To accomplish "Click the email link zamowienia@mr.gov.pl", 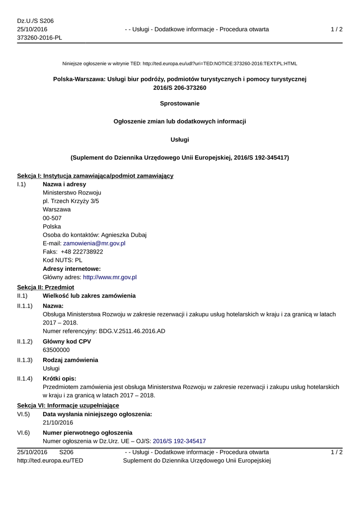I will coord(94,244).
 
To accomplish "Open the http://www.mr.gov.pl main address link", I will coord(109,277).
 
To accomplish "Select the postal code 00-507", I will coord(52,218).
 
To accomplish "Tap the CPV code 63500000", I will coord(56,350).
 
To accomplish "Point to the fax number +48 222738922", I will coord(82,252).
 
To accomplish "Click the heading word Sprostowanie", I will coord(180,104).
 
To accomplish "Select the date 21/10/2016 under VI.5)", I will coord(58,423).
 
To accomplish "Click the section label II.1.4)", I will coord(25,379).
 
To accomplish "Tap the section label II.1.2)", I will coord(25,341).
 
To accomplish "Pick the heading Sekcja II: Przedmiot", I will coord(46,287).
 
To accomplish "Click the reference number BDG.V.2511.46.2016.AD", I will coord(132,331).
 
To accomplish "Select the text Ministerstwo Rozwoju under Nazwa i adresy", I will coord(72,192).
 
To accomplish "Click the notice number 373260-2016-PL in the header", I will coord(40,38).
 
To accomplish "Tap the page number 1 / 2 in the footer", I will coord(337,452).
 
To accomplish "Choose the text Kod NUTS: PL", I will coord(63,260).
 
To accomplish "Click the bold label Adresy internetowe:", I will coord(72,269).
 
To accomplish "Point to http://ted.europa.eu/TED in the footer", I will coord(50,460).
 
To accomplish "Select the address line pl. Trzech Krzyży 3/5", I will coord(71,201).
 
